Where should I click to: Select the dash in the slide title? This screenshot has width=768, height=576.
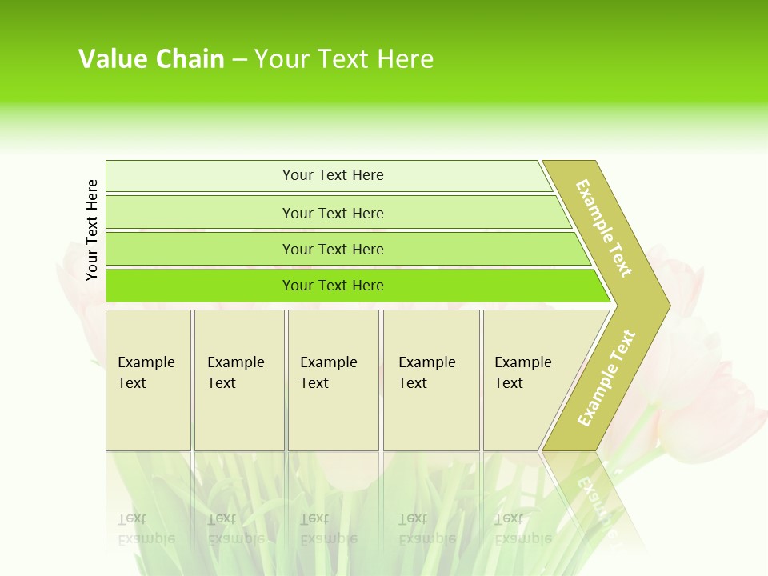239,60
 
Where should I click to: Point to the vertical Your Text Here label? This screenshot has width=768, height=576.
92,230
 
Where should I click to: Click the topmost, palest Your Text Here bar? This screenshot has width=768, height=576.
332,175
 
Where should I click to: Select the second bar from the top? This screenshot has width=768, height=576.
332,213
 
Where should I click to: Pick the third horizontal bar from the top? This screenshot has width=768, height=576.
332,249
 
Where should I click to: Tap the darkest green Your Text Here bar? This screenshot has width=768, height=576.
332,286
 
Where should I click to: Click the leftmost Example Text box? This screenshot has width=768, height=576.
148,380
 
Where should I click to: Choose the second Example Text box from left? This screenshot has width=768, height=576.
239,380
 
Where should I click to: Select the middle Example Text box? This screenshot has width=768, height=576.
333,380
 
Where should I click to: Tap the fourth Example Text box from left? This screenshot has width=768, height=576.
431,380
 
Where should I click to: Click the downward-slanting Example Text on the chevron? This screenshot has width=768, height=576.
604,228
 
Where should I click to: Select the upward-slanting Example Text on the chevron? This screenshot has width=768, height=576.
606,378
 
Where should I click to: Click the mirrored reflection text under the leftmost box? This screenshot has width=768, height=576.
146,529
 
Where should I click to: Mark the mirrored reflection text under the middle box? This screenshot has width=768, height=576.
329,529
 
